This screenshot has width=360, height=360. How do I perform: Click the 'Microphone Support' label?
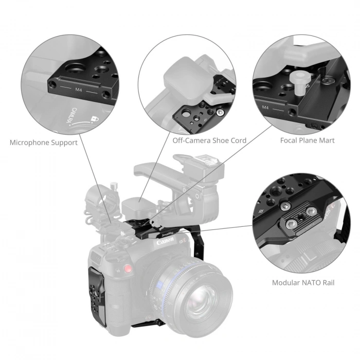coord(44,142)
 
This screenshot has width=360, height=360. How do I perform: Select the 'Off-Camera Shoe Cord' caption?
coord(209,140)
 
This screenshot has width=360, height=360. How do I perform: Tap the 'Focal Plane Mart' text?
coord(307,140)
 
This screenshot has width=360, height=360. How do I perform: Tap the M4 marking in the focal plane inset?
coord(265,108)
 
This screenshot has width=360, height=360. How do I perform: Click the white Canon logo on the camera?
coord(165,240)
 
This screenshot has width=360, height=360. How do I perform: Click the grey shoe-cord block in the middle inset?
coord(183,81)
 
